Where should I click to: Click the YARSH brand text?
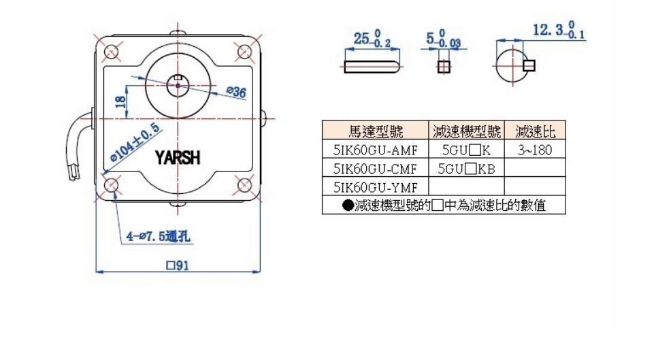coord(177,159)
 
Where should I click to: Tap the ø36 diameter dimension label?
coord(235,92)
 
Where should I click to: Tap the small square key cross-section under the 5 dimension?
coord(444,67)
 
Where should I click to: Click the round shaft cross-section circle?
coord(510,66)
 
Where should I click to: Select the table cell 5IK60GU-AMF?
coord(376,149)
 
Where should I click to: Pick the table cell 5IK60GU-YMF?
coord(376,186)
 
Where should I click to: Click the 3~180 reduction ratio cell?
coord(534,149)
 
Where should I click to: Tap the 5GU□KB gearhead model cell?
coord(466,167)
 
